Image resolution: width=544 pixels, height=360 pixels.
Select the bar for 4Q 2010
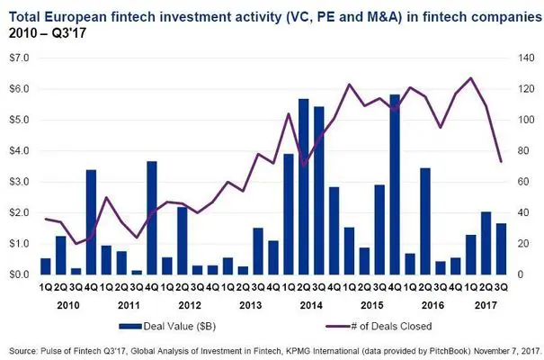91,221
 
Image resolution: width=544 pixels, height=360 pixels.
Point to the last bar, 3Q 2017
501,248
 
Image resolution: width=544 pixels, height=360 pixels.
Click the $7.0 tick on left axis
18,58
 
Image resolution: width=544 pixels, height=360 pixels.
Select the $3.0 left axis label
18,182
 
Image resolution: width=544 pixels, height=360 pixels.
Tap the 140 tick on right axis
523,58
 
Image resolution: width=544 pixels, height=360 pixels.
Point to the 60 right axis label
521,182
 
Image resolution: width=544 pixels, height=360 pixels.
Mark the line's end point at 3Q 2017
501,162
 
